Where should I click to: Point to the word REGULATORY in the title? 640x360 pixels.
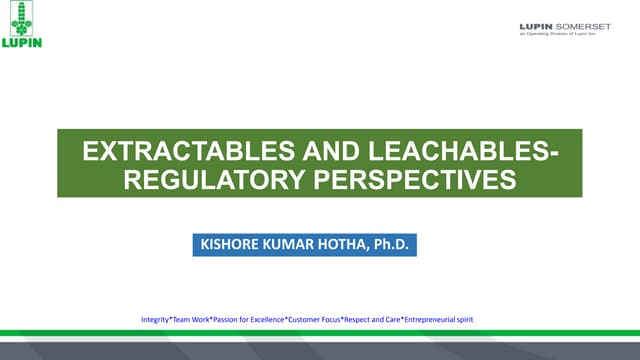pos(212,181)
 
